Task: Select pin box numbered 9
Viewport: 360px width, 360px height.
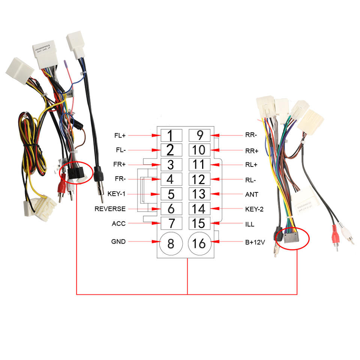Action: click(199, 135)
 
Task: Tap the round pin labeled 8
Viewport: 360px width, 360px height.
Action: click(171, 244)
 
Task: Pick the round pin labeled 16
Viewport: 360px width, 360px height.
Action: click(199, 244)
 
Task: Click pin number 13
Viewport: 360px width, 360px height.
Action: click(199, 194)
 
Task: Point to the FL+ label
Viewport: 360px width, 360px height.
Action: click(120, 135)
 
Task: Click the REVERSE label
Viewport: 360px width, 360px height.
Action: click(110, 209)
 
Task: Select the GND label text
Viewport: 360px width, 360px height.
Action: click(118, 242)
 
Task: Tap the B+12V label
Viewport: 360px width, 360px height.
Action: click(255, 242)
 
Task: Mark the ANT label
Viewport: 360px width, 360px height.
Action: click(251, 194)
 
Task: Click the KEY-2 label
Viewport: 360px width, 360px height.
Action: click(254, 209)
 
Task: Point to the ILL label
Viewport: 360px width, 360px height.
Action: click(249, 224)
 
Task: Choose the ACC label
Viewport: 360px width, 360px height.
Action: click(118, 223)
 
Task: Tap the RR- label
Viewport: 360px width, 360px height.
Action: click(251, 135)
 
